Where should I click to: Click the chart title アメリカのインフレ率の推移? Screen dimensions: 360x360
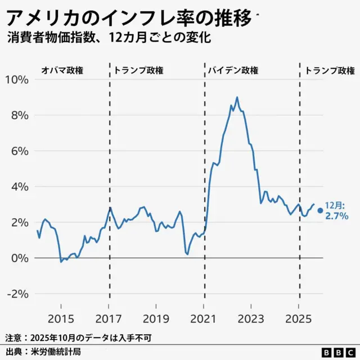129,18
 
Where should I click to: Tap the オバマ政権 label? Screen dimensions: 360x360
62,71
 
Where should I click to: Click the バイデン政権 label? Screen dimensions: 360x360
233,71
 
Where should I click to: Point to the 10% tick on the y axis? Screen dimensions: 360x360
17,79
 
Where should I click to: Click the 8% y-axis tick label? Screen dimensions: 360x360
20,115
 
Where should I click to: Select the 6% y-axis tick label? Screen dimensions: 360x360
20,151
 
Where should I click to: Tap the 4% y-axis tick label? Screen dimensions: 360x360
20,187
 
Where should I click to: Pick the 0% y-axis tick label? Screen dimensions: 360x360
20,258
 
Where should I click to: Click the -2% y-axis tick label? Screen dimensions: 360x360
17,294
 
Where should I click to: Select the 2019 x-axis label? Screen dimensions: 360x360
156,318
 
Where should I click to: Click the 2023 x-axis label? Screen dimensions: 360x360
251,318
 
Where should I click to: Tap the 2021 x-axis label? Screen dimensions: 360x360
204,318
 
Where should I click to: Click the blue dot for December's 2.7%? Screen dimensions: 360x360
320,210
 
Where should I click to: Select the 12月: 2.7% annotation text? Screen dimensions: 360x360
337,211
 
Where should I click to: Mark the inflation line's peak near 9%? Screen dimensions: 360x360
237,97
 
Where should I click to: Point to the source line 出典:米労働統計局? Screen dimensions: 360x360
43,352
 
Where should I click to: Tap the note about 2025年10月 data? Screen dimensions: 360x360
78,338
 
